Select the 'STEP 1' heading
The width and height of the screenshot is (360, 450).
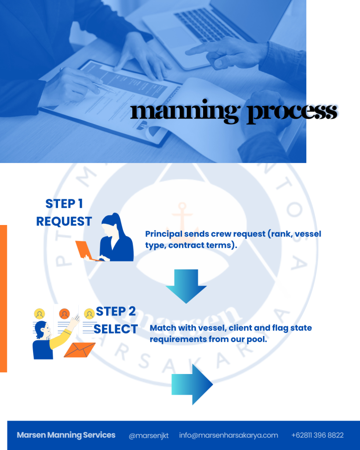pyautogui.click(x=64, y=203)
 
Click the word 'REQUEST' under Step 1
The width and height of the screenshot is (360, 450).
pyautogui.click(x=64, y=221)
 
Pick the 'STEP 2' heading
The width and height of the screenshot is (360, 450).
pyautogui.click(x=116, y=311)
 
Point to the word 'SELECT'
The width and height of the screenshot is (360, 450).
pyautogui.click(x=116, y=329)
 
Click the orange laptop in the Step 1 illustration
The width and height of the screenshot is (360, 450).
pyautogui.click(x=84, y=250)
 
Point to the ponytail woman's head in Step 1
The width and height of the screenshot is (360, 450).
pyautogui.click(x=111, y=225)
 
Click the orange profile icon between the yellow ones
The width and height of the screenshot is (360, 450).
pyautogui.click(x=65, y=314)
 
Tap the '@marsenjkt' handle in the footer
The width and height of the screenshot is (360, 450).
pyautogui.click(x=149, y=435)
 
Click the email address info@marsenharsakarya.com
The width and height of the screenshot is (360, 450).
pyautogui.click(x=229, y=435)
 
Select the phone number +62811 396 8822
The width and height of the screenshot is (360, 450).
pyautogui.click(x=317, y=435)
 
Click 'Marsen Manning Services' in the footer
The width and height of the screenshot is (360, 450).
pyautogui.click(x=66, y=435)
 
